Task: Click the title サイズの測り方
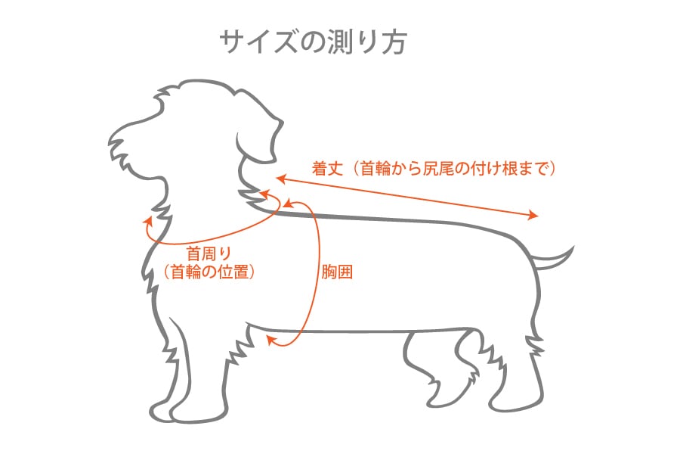[x=314, y=42]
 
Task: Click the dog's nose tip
[x=113, y=139]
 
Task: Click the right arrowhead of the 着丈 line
[x=535, y=216]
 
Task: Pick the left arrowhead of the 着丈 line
[x=280, y=179]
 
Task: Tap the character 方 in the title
[x=394, y=42]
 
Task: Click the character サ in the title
[x=231, y=42]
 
